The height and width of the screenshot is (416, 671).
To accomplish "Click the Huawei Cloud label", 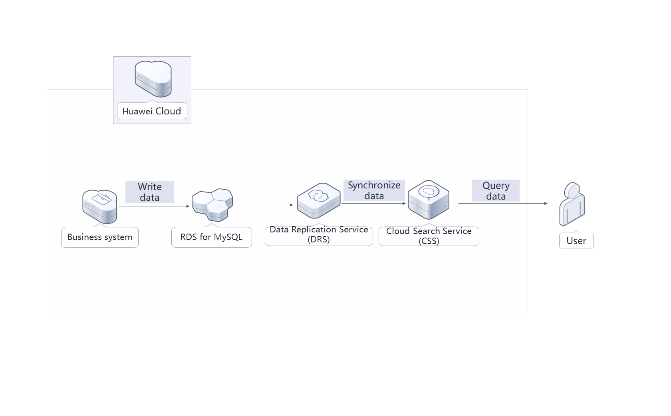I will [152, 111].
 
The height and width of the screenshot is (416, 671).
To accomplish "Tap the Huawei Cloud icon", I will [153, 79].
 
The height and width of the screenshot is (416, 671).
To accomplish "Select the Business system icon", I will [100, 206].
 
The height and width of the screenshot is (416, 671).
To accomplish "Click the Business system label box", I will [100, 237].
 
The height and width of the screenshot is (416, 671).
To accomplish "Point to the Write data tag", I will [150, 192].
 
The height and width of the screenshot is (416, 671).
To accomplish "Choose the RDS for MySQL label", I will [211, 237].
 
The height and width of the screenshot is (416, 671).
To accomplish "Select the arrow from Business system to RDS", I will [154, 206].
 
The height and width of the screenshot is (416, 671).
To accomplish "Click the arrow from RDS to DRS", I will [267, 205].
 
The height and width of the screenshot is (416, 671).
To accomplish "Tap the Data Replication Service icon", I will [318, 200].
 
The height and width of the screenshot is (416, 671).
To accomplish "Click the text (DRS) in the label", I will [319, 240].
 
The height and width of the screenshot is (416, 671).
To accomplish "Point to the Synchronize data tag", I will [374, 190].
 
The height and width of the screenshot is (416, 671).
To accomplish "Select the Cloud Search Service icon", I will [429, 200].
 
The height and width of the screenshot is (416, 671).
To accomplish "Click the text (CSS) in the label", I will [429, 241].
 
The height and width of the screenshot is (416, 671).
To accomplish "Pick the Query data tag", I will [496, 191].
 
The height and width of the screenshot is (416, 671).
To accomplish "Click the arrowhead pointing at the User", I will [546, 203].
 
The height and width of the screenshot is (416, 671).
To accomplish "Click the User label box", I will [576, 241].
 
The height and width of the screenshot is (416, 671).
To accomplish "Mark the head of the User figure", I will [573, 190].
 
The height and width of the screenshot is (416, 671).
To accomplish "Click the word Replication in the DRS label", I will [314, 230].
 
